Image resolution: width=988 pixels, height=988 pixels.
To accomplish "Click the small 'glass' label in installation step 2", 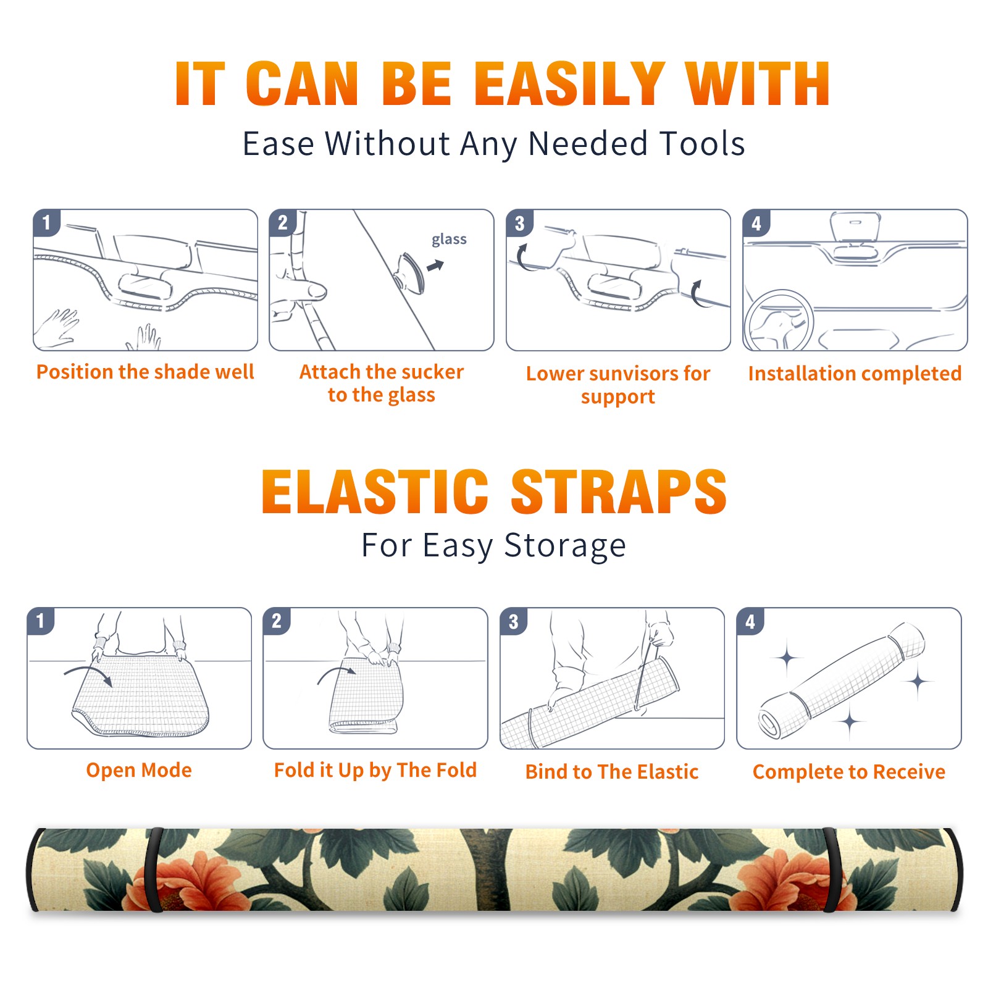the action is (x=449, y=240).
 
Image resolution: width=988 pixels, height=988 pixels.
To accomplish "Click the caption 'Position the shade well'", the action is (x=145, y=372).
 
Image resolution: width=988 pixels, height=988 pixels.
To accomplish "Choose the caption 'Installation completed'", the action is (x=855, y=374).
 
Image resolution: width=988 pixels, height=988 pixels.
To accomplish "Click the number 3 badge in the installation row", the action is (x=519, y=223).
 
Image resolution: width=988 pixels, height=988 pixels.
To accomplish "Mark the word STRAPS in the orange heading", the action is (x=619, y=492).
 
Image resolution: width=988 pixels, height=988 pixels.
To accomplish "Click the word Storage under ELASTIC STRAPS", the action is (x=565, y=546).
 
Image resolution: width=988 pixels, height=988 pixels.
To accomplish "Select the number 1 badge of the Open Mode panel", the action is (x=41, y=621).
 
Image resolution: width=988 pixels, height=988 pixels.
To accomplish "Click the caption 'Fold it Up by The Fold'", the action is (x=375, y=770).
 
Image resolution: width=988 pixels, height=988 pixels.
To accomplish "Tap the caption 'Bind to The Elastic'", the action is (x=612, y=772).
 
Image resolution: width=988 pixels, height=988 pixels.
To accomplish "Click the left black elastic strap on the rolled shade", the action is (x=153, y=870).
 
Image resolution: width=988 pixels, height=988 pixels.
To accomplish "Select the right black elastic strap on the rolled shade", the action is (x=831, y=870).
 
